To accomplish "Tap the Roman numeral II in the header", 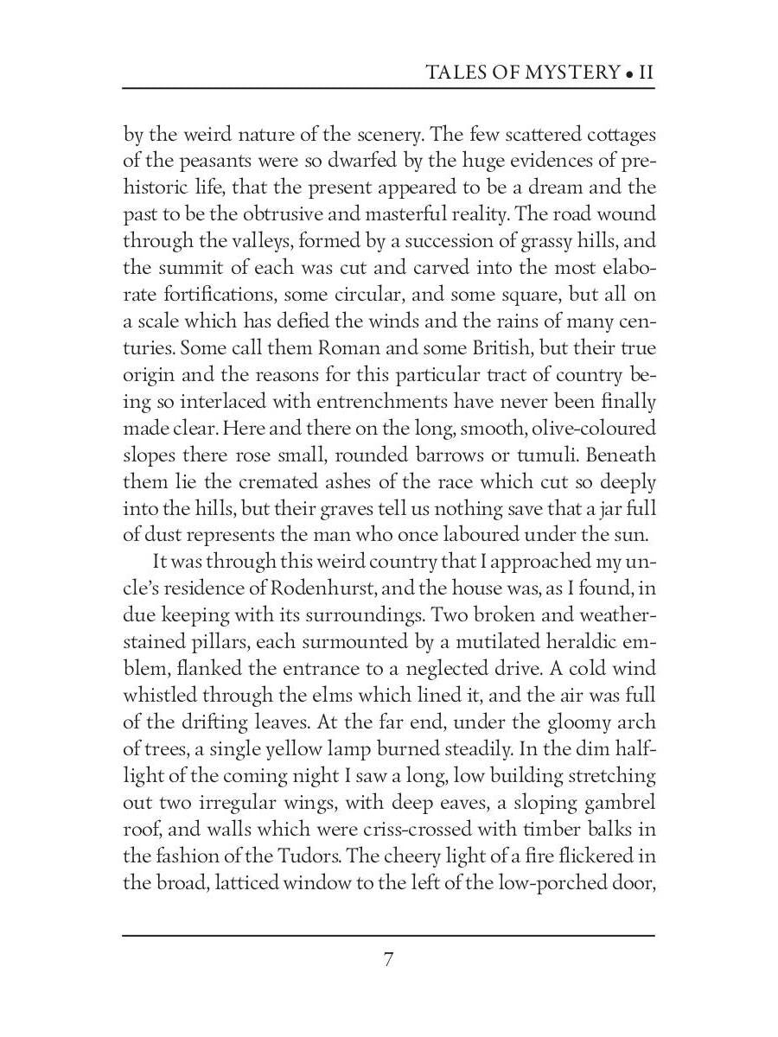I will pyautogui.click(x=645, y=72).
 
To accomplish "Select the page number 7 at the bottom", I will pyautogui.click(x=389, y=959).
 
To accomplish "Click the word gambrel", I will pyautogui.click(x=616, y=803).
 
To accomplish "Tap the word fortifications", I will pyautogui.click(x=227, y=296).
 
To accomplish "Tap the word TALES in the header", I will pyautogui.click(x=456, y=72).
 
